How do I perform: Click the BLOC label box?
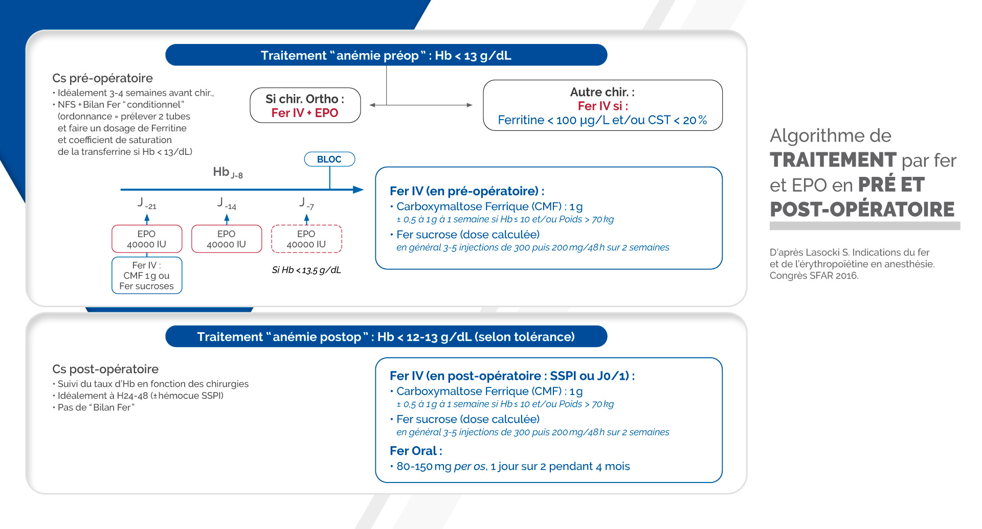[x=329, y=159]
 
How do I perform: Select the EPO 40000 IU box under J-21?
[x=147, y=239]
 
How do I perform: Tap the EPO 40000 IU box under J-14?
[x=227, y=239]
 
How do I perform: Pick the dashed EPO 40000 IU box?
[x=306, y=239]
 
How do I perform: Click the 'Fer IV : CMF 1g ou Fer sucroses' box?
[x=147, y=275]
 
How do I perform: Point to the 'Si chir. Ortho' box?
[x=305, y=105]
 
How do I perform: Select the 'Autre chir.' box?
[x=602, y=105]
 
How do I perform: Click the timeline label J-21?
[x=147, y=203]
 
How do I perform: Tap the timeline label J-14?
[x=227, y=203]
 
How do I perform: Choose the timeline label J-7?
[x=306, y=203]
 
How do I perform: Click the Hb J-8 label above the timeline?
[x=228, y=172]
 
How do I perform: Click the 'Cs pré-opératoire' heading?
[x=102, y=78]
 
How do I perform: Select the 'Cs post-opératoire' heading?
[x=105, y=369]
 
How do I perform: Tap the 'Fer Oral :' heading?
[x=416, y=451]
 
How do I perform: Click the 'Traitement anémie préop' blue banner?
[x=386, y=55]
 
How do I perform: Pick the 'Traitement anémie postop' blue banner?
[x=386, y=336]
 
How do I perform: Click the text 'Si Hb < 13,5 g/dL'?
[x=306, y=270]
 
